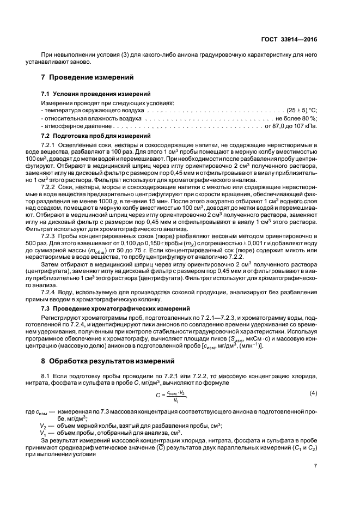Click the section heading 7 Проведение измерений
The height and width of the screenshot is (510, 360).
tap(88, 77)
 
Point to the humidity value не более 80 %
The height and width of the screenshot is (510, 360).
tap(296, 118)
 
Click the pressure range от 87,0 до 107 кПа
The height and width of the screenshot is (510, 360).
tap(291, 125)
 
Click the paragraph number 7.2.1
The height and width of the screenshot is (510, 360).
tap(50, 144)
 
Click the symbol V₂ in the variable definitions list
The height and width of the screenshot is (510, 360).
tap(43, 424)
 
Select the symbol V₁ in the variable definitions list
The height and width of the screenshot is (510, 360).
tap(43, 432)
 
